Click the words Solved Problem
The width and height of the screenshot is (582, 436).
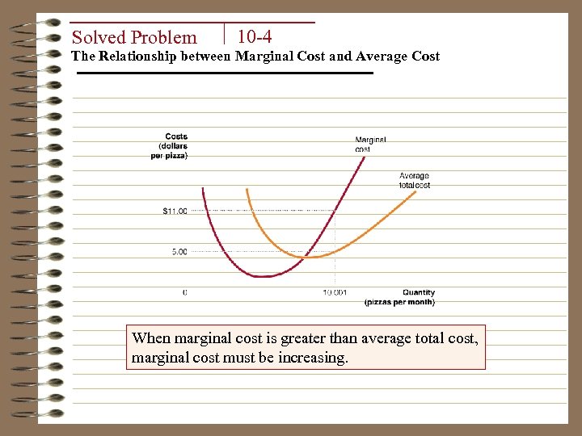tap(134, 37)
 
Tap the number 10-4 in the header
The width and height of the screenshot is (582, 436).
tap(255, 36)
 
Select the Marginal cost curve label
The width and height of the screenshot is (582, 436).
tap(370, 144)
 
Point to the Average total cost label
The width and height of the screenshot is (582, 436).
tap(414, 180)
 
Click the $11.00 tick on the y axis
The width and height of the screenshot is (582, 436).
tap(175, 212)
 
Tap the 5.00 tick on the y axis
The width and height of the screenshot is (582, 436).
tap(179, 252)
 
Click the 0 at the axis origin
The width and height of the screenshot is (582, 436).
tap(184, 292)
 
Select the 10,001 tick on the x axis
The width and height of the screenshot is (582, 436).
tap(335, 292)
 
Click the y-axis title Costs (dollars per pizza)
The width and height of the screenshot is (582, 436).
tap(170, 146)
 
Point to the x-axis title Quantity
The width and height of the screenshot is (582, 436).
tap(419, 292)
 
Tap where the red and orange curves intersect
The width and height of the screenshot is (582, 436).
tap(304, 257)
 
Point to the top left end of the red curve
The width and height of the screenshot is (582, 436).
tap(203, 189)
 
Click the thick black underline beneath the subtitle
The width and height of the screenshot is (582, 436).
tap(225, 73)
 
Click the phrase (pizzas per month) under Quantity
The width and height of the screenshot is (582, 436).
tap(399, 302)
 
